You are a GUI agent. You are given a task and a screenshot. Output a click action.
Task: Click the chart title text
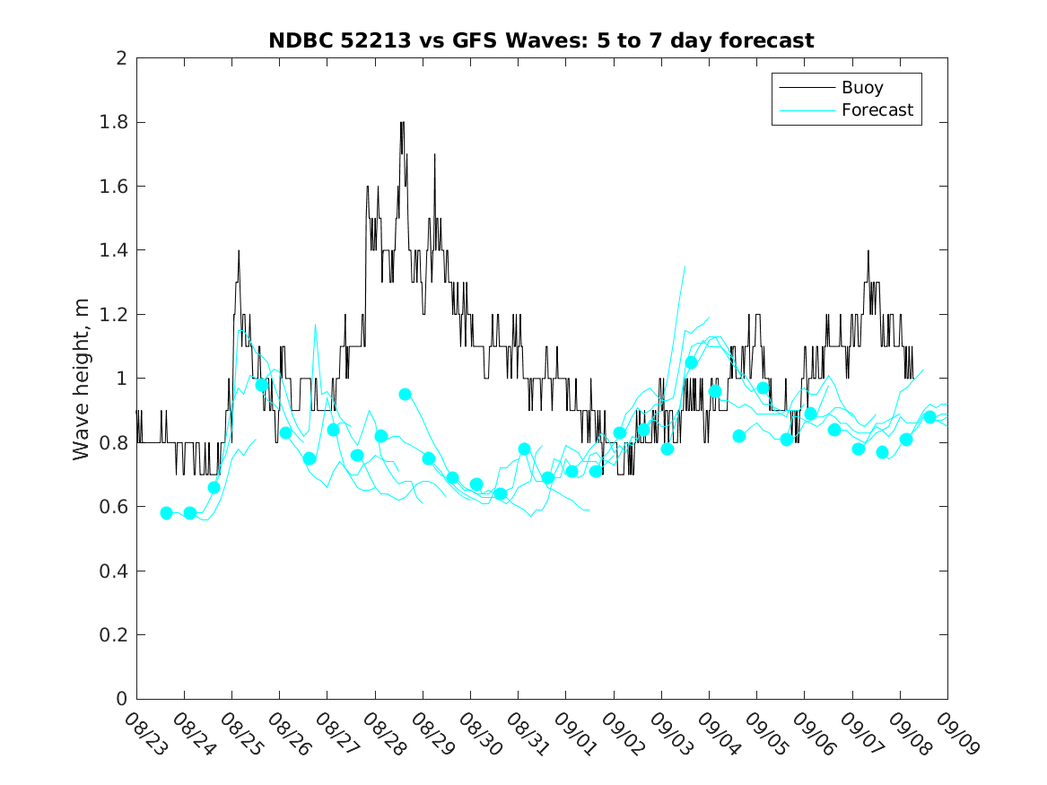pyautogui.click(x=541, y=40)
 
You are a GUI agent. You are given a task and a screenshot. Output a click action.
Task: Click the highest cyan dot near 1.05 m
pyautogui.click(x=691, y=362)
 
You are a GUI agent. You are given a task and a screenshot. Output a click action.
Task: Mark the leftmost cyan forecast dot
pyautogui.click(x=166, y=513)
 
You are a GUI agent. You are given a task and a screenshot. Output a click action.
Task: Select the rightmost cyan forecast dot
pyautogui.click(x=929, y=417)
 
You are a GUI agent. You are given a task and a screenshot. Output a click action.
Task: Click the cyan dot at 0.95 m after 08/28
pyautogui.click(x=405, y=394)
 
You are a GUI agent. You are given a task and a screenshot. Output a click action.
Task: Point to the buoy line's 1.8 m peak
pyautogui.click(x=402, y=122)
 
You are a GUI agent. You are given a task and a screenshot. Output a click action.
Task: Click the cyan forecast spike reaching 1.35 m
pyautogui.click(x=685, y=266)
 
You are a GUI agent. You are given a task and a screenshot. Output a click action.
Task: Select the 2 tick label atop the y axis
pyautogui.click(x=120, y=58)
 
